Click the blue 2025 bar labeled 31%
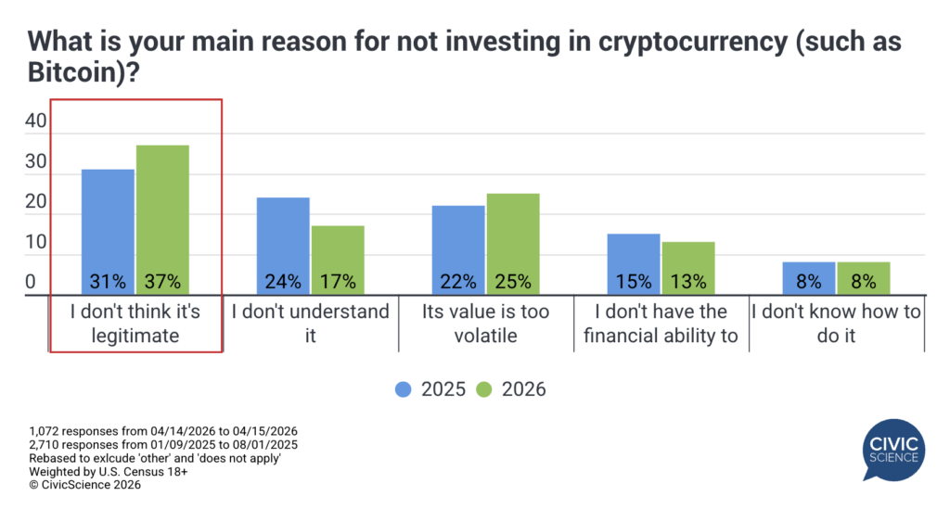(x=108, y=232)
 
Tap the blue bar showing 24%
(x=283, y=246)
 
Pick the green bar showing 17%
(x=338, y=260)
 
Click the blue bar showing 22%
(x=458, y=249)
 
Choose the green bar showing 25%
(x=512, y=244)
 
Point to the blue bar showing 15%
(x=634, y=263)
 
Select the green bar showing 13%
(x=687, y=268)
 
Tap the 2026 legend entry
(x=510, y=389)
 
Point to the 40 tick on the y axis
(x=35, y=121)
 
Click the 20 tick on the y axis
(x=35, y=201)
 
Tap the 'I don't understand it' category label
(x=310, y=323)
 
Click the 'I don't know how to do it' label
(x=836, y=323)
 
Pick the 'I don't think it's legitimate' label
(x=135, y=323)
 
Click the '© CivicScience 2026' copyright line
(x=85, y=485)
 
